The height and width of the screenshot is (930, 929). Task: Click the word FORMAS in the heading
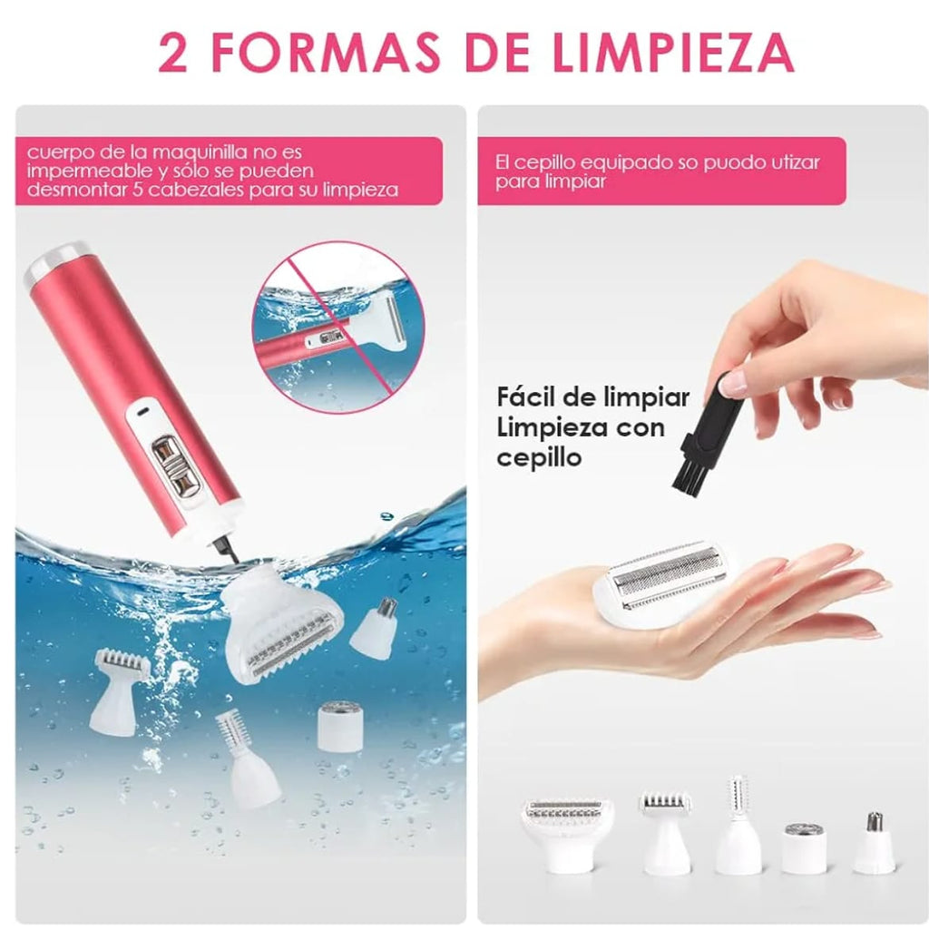click(x=326, y=53)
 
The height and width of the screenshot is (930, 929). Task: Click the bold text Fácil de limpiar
click(x=592, y=396)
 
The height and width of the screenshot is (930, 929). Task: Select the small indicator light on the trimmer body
click(x=142, y=412)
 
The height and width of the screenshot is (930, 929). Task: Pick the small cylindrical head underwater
click(x=340, y=726)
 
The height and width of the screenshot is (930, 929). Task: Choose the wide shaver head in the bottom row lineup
click(x=567, y=834)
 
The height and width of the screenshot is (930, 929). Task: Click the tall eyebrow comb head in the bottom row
click(x=738, y=825)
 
